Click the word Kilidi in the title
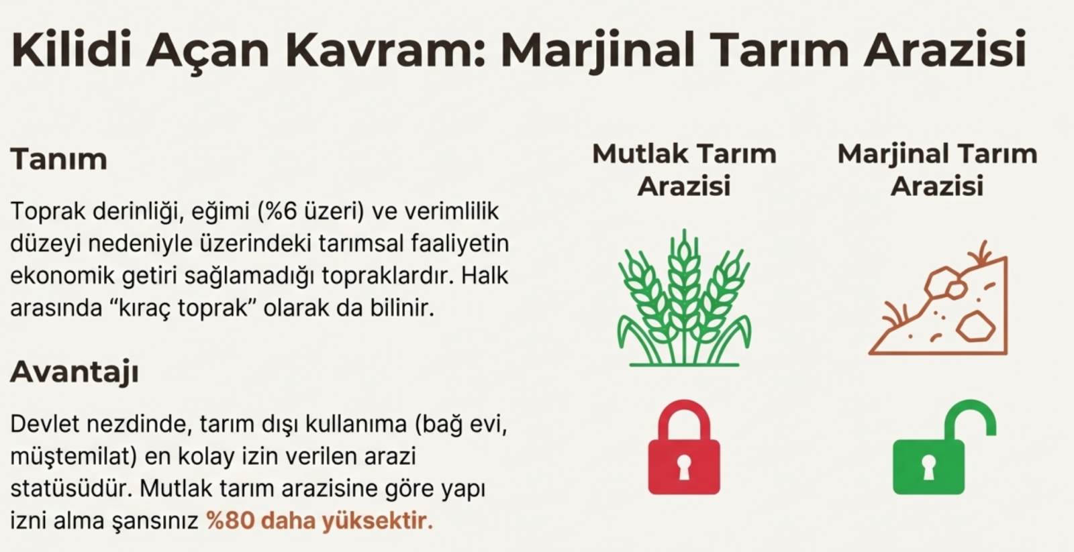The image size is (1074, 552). tap(71, 50)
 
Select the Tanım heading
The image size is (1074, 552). tap(58, 158)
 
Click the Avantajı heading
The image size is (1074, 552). tap(75, 372)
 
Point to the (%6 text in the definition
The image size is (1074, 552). tap(277, 211)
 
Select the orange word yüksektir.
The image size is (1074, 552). tap(377, 521)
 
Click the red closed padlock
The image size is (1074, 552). tap(684, 447)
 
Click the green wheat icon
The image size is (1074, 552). tap(684, 298)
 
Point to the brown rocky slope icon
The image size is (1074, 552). tap(938, 298)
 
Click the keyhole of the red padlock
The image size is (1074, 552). tap(684, 467)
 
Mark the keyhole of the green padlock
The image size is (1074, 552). tap(928, 467)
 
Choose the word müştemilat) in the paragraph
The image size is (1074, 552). tap(74, 457)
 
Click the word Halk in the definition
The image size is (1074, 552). tap(485, 276)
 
